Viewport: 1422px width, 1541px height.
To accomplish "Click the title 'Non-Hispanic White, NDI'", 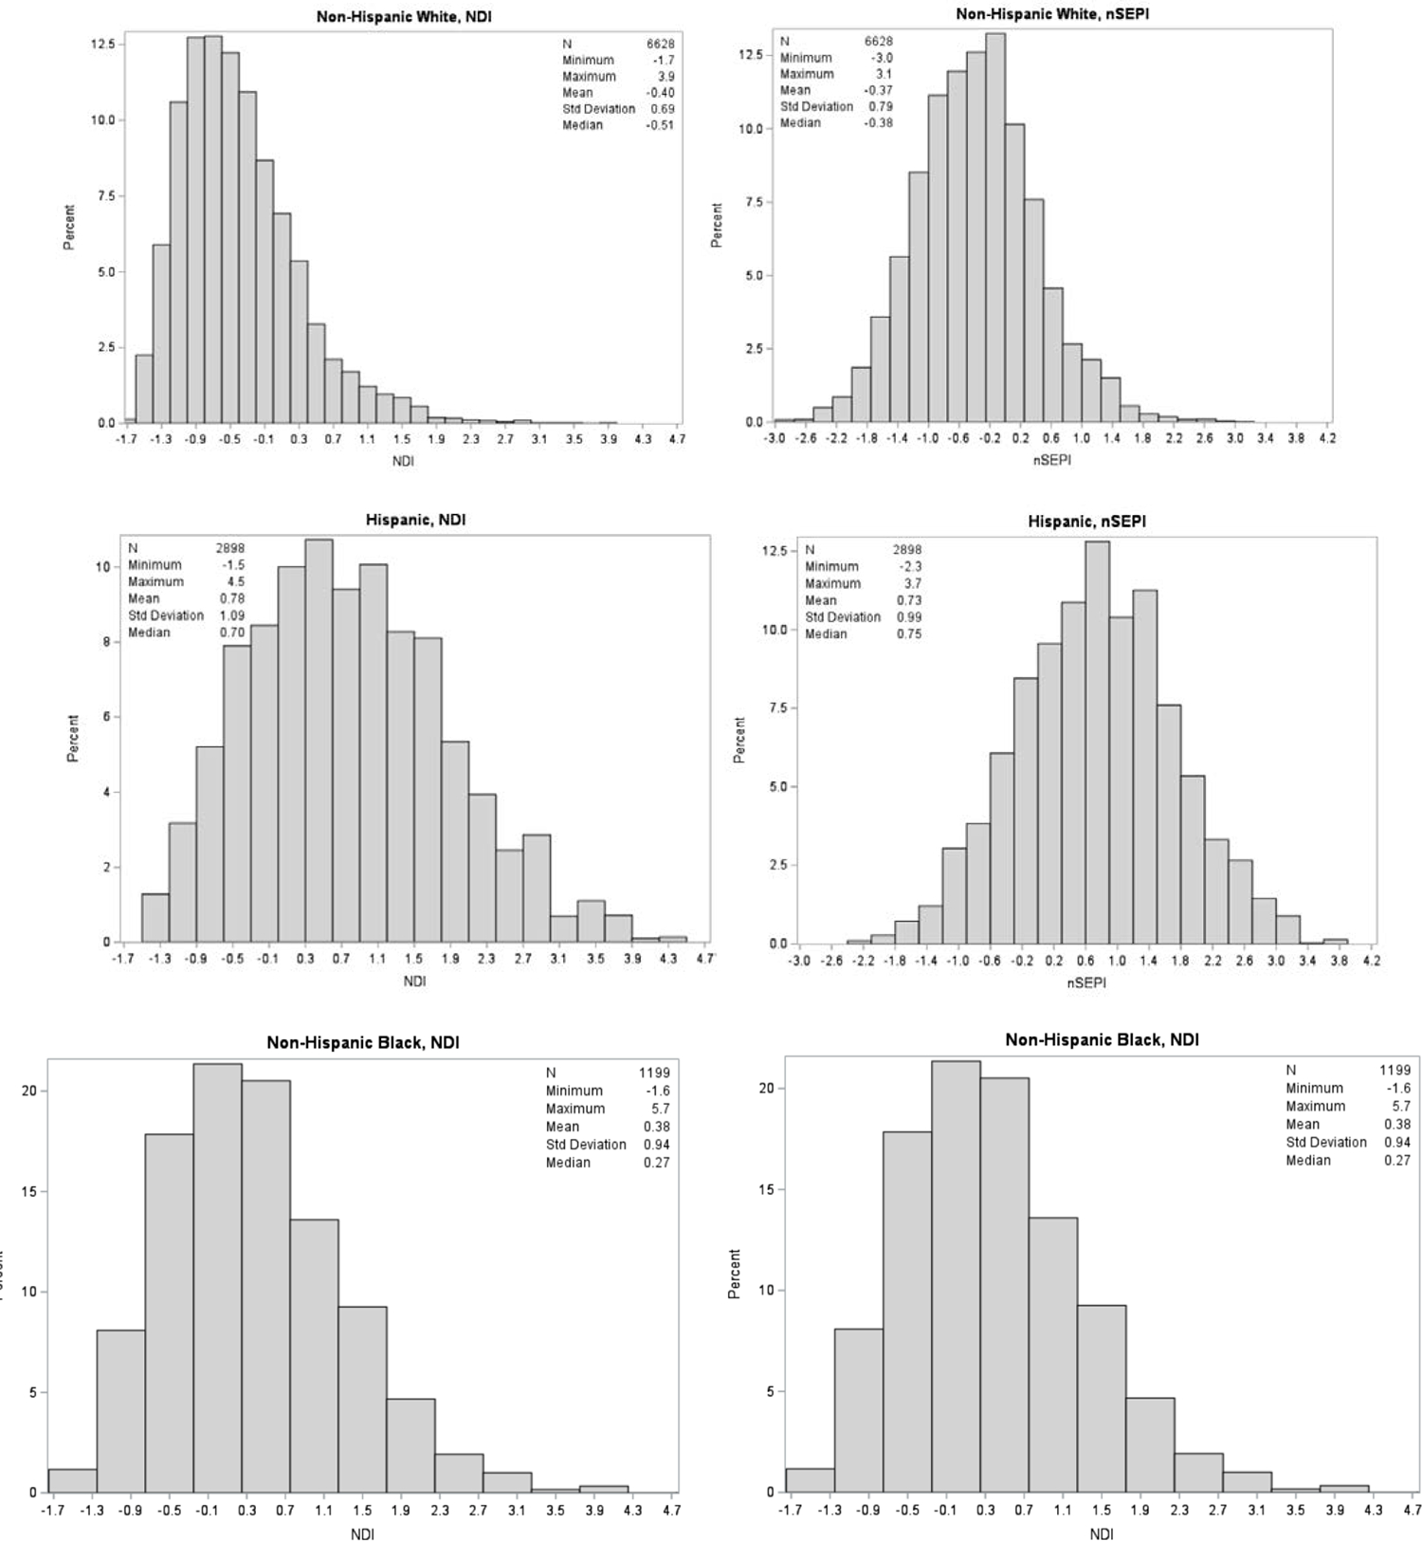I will (404, 17).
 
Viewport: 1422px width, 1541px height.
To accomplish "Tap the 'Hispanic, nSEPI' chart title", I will (1086, 522).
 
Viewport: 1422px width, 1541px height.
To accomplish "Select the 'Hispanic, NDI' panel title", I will (415, 520).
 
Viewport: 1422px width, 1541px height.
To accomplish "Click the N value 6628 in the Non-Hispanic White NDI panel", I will (660, 44).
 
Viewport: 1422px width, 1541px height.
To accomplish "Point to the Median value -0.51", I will (660, 125).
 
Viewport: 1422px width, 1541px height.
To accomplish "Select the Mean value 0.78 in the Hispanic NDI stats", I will (231, 598).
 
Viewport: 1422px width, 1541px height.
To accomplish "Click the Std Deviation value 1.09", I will (231, 615).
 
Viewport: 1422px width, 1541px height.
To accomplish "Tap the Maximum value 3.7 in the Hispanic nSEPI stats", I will (912, 583).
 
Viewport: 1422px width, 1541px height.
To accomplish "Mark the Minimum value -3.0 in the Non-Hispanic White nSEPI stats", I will (881, 58).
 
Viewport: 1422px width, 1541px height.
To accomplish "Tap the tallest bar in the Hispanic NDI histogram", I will (319, 740).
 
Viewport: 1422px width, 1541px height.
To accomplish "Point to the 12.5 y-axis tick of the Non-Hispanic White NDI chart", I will (102, 45).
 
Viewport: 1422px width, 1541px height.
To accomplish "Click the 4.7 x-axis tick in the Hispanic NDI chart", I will (704, 959).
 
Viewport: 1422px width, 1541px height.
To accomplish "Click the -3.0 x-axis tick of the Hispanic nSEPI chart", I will (799, 961).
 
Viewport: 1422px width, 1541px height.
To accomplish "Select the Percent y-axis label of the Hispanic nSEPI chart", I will (739, 740).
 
